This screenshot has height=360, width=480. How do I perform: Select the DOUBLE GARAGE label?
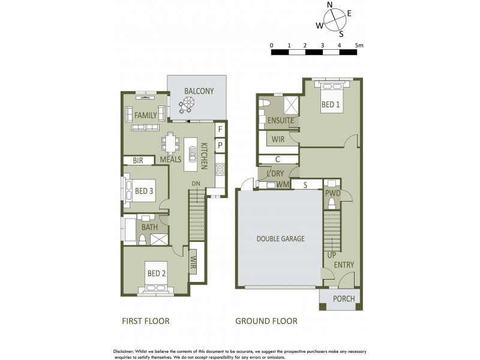point(281,239)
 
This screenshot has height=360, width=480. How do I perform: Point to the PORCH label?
point(343,299)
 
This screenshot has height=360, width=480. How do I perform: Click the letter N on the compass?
point(329,5)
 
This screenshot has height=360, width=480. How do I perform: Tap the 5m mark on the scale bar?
point(359,45)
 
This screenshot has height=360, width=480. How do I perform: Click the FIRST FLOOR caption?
point(145,321)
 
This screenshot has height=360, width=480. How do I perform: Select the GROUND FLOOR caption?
point(266,321)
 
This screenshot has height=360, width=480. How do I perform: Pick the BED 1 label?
point(330,104)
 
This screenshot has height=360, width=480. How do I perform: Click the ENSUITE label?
point(280,121)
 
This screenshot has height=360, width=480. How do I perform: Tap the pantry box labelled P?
point(220,145)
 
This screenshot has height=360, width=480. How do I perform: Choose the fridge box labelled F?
point(220,129)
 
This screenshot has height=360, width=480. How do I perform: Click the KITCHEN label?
point(205,155)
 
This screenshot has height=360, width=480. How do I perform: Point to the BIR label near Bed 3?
point(138,160)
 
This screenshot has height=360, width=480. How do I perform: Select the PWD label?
point(333,194)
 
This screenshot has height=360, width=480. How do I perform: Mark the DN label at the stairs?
point(196,184)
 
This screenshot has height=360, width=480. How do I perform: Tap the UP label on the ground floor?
point(331,255)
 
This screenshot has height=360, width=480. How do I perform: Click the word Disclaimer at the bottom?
point(127,350)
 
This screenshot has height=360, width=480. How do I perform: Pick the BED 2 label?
point(157,274)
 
